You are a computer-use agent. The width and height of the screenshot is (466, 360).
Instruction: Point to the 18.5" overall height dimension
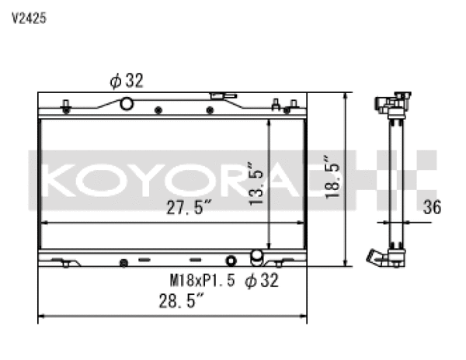pyautogui.click(x=332, y=176)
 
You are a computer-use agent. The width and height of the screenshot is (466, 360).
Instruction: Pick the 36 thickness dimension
pyautogui.click(x=434, y=206)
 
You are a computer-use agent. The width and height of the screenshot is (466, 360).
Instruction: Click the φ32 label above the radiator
pyautogui.click(x=126, y=80)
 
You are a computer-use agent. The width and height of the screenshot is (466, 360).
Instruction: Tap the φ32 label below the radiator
pyautogui.click(x=261, y=280)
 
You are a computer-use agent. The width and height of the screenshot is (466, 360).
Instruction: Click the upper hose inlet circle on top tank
pyautogui.click(x=126, y=105)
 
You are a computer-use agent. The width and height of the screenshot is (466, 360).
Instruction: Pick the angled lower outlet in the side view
pyautogui.click(x=378, y=257)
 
